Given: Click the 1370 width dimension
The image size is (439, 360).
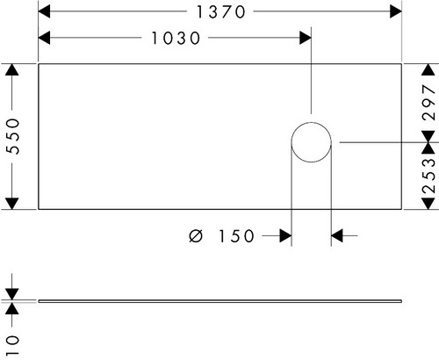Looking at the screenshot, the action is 221,12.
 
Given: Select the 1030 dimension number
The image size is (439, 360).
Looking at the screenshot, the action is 176,39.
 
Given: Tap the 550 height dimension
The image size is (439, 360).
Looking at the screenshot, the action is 13,136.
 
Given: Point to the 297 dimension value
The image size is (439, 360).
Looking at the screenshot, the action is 429,102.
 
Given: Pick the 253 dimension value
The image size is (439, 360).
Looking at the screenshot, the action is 429,176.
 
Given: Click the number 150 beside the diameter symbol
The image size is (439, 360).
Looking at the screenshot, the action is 236,236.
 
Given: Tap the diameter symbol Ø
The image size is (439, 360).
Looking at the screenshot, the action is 196,236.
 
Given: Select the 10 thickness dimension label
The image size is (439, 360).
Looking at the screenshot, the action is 12,345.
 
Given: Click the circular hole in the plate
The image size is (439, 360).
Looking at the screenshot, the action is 312,123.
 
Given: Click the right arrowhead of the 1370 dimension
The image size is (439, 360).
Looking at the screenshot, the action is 396,11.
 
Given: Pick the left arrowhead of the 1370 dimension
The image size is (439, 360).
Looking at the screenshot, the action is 44,11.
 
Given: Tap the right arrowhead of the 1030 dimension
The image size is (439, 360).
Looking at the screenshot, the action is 306,38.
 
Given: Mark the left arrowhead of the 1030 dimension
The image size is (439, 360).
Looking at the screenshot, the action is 44,38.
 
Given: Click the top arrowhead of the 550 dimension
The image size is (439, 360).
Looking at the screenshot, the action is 12,69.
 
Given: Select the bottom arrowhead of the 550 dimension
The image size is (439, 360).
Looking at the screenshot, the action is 12,204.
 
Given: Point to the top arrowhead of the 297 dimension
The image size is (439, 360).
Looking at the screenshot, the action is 428,69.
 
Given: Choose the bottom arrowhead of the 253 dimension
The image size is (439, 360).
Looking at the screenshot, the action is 428,204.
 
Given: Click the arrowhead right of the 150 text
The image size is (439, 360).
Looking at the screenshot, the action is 285,235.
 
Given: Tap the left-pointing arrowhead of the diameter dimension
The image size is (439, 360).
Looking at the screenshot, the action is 337,235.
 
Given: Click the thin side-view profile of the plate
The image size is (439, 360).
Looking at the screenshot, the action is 220,301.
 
